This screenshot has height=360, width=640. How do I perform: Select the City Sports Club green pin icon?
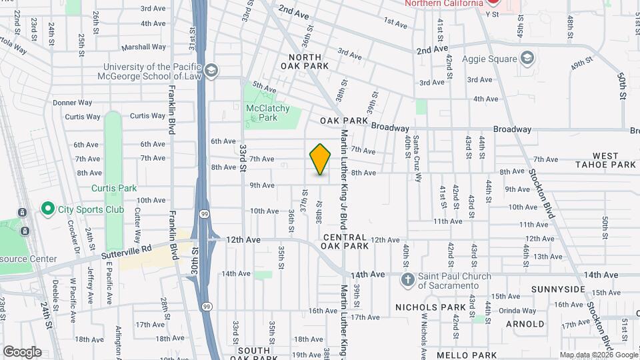(x=48, y=209)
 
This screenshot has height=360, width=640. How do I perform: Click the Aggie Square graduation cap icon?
(x=528, y=57)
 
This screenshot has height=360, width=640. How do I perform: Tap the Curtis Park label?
(x=113, y=188)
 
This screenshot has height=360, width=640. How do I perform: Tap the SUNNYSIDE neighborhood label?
(x=558, y=289)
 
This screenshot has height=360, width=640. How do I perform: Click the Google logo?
(x=22, y=351)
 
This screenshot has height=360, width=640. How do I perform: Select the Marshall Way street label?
(x=148, y=47)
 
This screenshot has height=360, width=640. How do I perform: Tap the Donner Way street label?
(x=72, y=103)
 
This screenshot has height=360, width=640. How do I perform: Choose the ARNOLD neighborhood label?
(x=525, y=324)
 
